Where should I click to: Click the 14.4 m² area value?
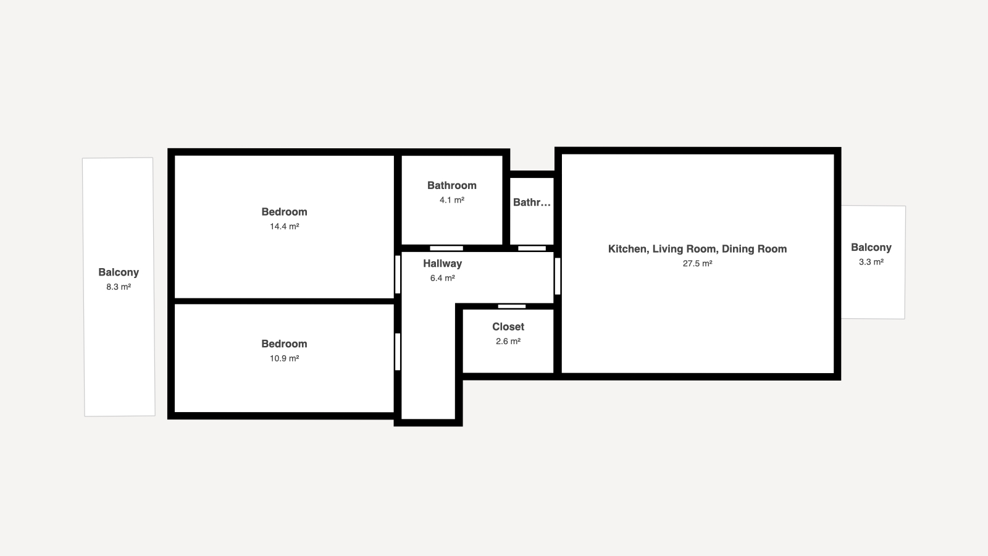click(285, 226)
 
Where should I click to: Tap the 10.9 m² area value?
click(285, 358)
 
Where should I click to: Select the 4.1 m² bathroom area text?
click(451, 200)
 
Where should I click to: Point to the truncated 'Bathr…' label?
click(532, 203)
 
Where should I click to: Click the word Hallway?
click(442, 263)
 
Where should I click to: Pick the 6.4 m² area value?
click(442, 278)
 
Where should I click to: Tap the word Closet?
click(508, 327)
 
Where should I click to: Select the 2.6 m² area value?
click(508, 341)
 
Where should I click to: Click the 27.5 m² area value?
click(697, 263)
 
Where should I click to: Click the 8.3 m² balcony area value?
click(119, 287)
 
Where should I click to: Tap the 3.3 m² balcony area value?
click(871, 262)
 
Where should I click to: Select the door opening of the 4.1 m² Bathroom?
click(446, 248)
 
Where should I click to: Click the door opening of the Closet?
click(512, 306)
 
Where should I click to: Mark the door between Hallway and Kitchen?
click(558, 276)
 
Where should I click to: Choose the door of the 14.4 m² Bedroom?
click(398, 274)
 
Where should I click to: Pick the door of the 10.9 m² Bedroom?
click(398, 352)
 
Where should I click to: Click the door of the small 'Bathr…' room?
click(532, 248)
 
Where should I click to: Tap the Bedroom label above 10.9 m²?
click(284, 343)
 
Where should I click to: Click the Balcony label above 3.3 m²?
click(871, 248)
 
